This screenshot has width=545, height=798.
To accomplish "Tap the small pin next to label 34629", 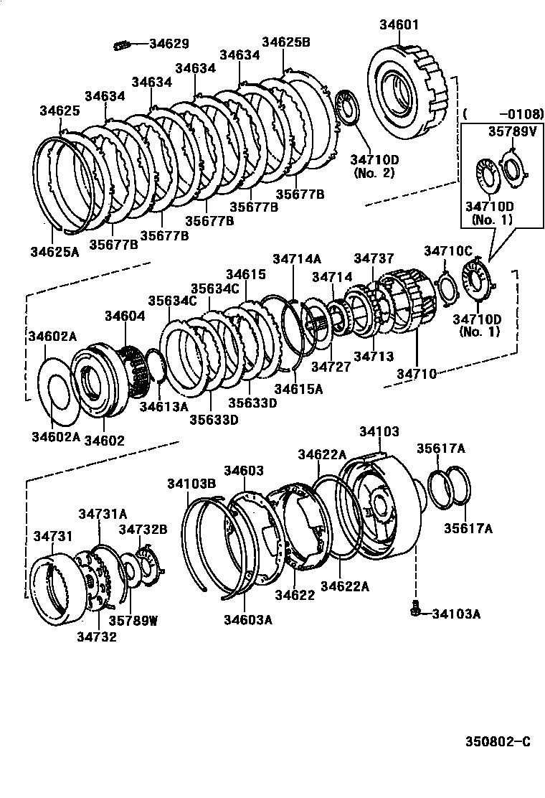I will coord(120,46).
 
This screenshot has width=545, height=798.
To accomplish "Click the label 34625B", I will coord(285,42).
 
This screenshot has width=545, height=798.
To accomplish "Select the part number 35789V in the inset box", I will coord(512,131).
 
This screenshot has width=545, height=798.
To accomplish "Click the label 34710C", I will coord(447,250).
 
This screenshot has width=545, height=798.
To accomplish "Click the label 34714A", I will coord(297,259).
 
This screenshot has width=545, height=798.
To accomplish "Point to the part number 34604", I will coord(125,315).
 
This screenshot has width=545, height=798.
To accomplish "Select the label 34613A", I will coord(163,406).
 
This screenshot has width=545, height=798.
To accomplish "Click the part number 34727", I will coord(331,367).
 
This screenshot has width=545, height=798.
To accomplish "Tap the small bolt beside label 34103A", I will coord(415,611).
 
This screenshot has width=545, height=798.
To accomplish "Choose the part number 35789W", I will coord(133,621).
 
